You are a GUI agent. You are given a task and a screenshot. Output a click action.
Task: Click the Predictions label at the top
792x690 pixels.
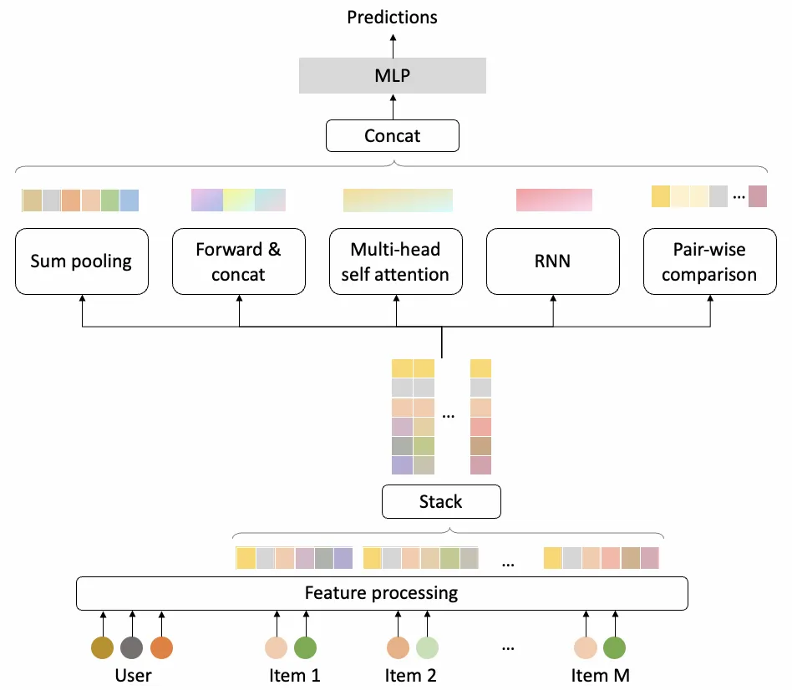393,17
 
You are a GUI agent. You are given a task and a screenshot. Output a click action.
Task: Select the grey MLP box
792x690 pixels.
393,76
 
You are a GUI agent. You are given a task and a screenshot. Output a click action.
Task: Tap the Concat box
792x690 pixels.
393,135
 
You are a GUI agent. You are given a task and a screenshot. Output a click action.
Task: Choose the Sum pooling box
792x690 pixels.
82,261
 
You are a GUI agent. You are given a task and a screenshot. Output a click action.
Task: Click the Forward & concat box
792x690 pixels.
239,261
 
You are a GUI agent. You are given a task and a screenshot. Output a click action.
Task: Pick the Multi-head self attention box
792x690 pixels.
395,261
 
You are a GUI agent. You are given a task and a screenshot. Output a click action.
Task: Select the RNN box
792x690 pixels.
553,261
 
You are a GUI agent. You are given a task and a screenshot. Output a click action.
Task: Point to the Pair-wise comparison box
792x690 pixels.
709,261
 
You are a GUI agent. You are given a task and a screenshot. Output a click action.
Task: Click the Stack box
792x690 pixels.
440,501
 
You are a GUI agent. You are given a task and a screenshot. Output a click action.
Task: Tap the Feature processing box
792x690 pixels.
382,593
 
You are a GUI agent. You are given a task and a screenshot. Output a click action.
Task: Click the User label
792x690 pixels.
134,675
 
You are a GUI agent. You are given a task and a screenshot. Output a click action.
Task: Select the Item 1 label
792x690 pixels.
294,675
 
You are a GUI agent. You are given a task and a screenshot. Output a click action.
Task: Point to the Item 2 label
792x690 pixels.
410,675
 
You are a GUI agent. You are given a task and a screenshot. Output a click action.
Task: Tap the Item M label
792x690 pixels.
600,675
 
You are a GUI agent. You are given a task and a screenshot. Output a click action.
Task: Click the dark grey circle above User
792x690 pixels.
132,647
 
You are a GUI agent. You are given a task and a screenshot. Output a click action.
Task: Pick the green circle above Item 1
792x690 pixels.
306,647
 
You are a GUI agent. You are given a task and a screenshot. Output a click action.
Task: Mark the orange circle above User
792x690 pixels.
161,647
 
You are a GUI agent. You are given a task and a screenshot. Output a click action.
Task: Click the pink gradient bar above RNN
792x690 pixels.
554,200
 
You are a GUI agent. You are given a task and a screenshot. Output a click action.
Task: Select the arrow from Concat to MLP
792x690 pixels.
393,106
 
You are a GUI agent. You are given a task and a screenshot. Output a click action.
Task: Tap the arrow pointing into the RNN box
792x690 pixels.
553,309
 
